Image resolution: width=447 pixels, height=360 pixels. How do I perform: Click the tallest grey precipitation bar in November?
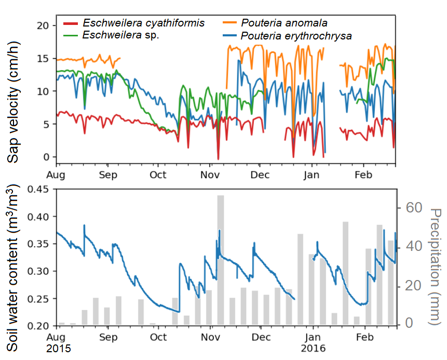[x=220, y=260]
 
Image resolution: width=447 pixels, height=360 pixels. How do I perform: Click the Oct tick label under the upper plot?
[x=158, y=175]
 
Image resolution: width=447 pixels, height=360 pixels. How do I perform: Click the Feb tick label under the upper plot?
[x=363, y=175]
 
